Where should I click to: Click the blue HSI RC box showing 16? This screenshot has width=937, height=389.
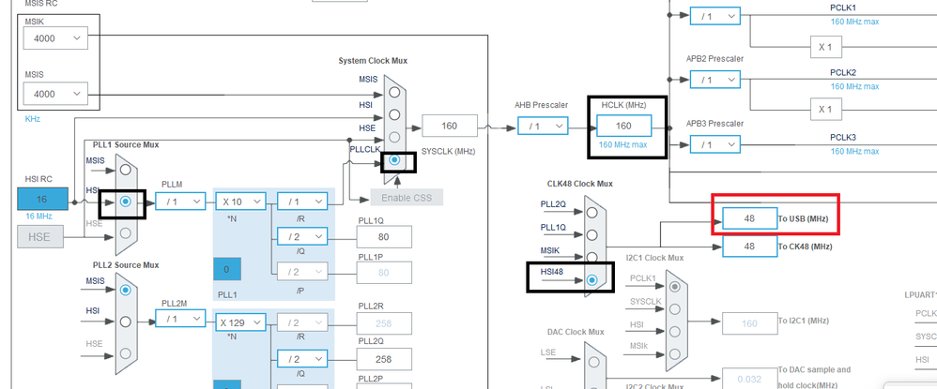[x=42, y=200]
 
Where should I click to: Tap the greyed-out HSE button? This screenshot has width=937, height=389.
[x=39, y=237]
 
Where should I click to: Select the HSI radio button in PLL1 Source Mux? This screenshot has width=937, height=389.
[x=125, y=201]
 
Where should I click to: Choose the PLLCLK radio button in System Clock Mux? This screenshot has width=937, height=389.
[x=395, y=160]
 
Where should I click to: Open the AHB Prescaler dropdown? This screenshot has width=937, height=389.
[x=545, y=126]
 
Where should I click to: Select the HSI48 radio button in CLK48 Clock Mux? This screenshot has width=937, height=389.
[x=591, y=280]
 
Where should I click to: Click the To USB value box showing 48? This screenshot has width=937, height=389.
[x=748, y=218]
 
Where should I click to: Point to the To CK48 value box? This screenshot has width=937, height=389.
[x=748, y=247]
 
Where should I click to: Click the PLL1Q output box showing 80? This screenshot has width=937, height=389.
[x=384, y=237]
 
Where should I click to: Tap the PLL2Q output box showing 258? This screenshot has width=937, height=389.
[x=384, y=359]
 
